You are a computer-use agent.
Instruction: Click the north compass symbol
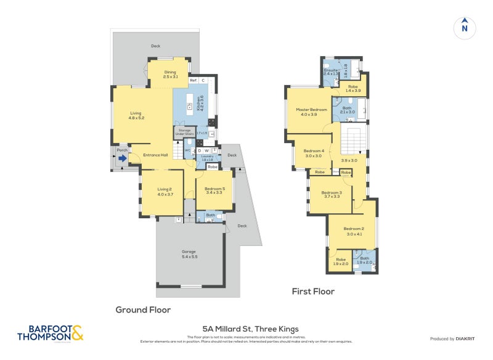[x=465, y=27]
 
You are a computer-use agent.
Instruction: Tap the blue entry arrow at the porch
[x=122, y=158]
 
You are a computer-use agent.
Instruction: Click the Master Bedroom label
[x=311, y=112]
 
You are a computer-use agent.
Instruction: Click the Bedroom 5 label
[x=214, y=190]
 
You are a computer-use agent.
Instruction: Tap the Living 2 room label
[x=165, y=192]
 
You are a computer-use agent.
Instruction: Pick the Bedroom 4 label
[x=314, y=153]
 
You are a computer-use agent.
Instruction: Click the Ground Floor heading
[x=143, y=309]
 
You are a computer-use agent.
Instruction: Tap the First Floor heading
[x=313, y=291]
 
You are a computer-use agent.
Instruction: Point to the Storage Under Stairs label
[x=186, y=132]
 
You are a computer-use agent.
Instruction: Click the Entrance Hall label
[x=155, y=155]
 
